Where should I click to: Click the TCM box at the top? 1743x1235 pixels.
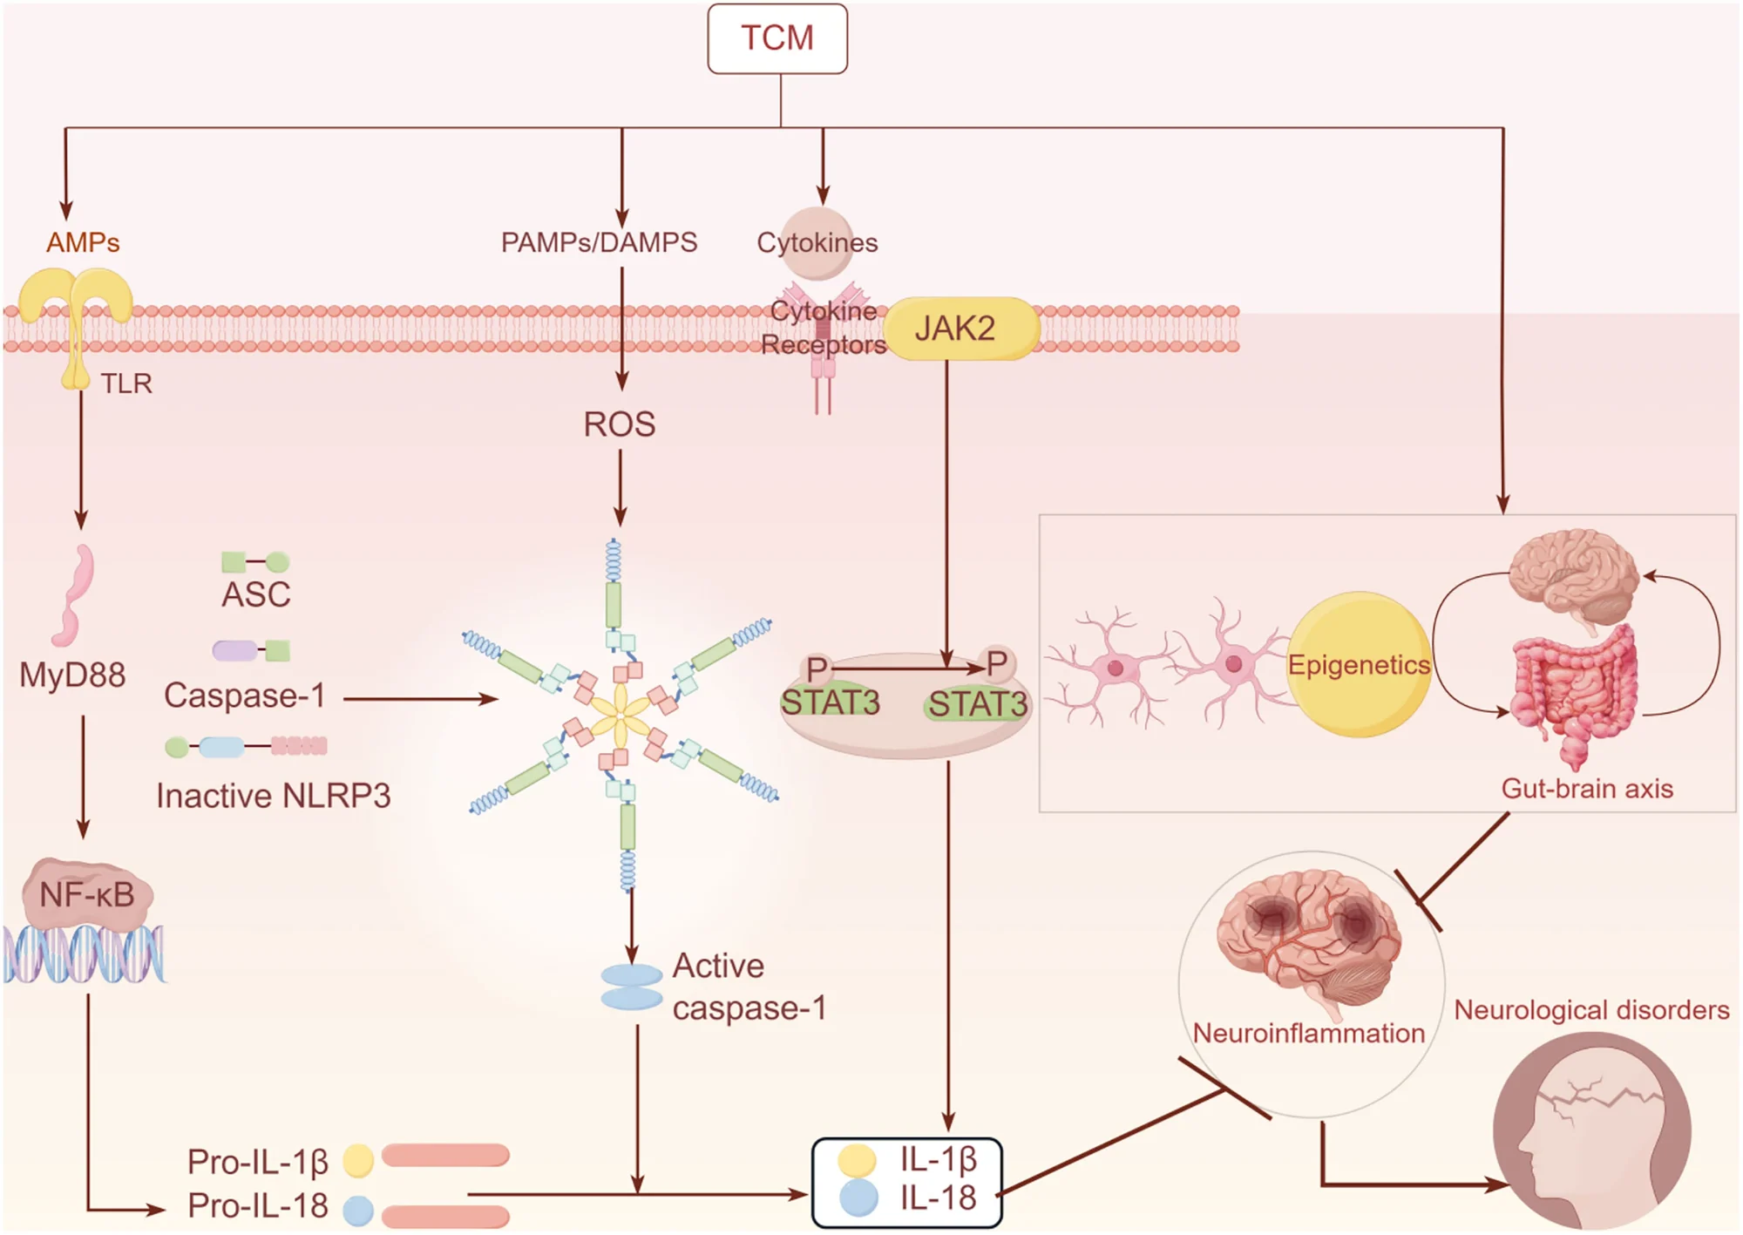click(x=777, y=38)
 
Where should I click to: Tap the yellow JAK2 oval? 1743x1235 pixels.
click(x=961, y=329)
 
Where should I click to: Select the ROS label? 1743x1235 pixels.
click(x=620, y=424)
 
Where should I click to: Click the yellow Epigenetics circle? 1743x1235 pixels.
click(x=1360, y=664)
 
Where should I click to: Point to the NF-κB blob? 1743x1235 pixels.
click(x=88, y=893)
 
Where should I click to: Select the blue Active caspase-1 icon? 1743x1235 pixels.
click(x=632, y=987)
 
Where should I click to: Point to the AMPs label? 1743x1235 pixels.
click(x=83, y=241)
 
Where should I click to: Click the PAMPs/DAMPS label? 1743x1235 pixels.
click(x=599, y=241)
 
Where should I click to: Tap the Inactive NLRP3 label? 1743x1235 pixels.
click(x=274, y=796)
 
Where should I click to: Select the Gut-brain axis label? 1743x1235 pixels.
click(x=1587, y=789)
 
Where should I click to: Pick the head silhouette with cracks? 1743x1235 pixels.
click(x=1592, y=1130)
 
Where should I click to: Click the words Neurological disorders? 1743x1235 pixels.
click(x=1591, y=1009)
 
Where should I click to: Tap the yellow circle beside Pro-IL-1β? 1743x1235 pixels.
click(x=358, y=1160)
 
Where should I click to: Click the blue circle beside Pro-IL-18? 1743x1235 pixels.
click(x=358, y=1211)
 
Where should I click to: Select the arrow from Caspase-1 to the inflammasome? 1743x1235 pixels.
click(x=421, y=698)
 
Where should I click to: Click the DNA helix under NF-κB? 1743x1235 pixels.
click(x=84, y=954)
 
